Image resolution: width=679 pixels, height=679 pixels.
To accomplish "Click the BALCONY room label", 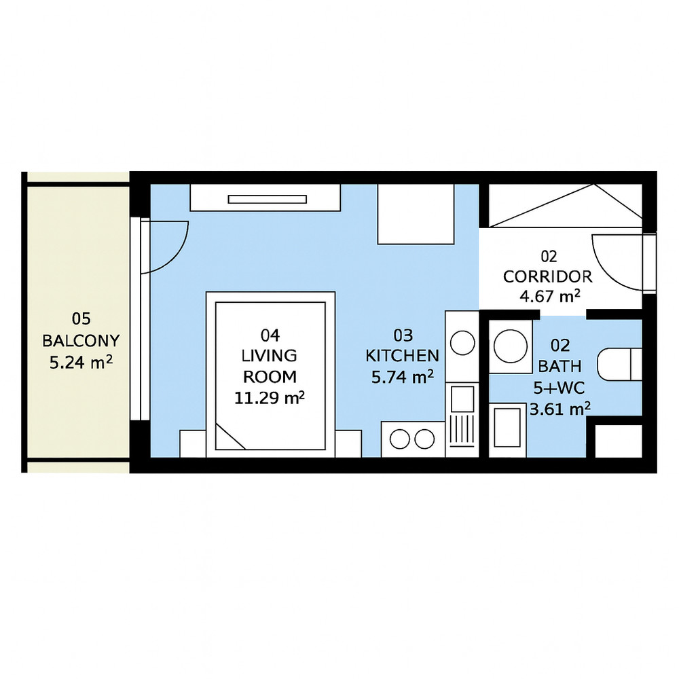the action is tap(81, 341).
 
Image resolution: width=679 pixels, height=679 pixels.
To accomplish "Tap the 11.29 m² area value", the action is tap(270, 397).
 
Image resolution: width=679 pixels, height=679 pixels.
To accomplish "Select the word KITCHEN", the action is tap(402, 356).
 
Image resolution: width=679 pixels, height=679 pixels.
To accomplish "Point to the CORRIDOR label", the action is tap(548, 276).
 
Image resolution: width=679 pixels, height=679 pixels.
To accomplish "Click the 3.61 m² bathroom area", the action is tap(560, 408).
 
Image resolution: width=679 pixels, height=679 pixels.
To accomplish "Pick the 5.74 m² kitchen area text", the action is tap(403, 377).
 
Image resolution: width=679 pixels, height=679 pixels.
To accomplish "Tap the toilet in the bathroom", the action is tap(620, 365).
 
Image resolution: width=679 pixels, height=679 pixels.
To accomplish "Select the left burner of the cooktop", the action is tap(400, 439).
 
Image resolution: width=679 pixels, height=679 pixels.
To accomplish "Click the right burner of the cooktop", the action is tap(424, 439).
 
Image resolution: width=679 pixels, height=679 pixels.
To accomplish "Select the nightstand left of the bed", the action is tap(193, 443).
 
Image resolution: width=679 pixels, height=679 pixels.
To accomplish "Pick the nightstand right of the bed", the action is tap(348, 443).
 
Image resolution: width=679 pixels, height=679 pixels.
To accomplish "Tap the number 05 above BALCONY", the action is tap(81, 319).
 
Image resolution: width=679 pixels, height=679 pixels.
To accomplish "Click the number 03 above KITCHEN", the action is tap(403, 335).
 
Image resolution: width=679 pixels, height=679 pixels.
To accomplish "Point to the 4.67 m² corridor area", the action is tap(549, 297).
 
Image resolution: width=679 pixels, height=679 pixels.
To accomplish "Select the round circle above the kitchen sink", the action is tap(462, 343).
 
